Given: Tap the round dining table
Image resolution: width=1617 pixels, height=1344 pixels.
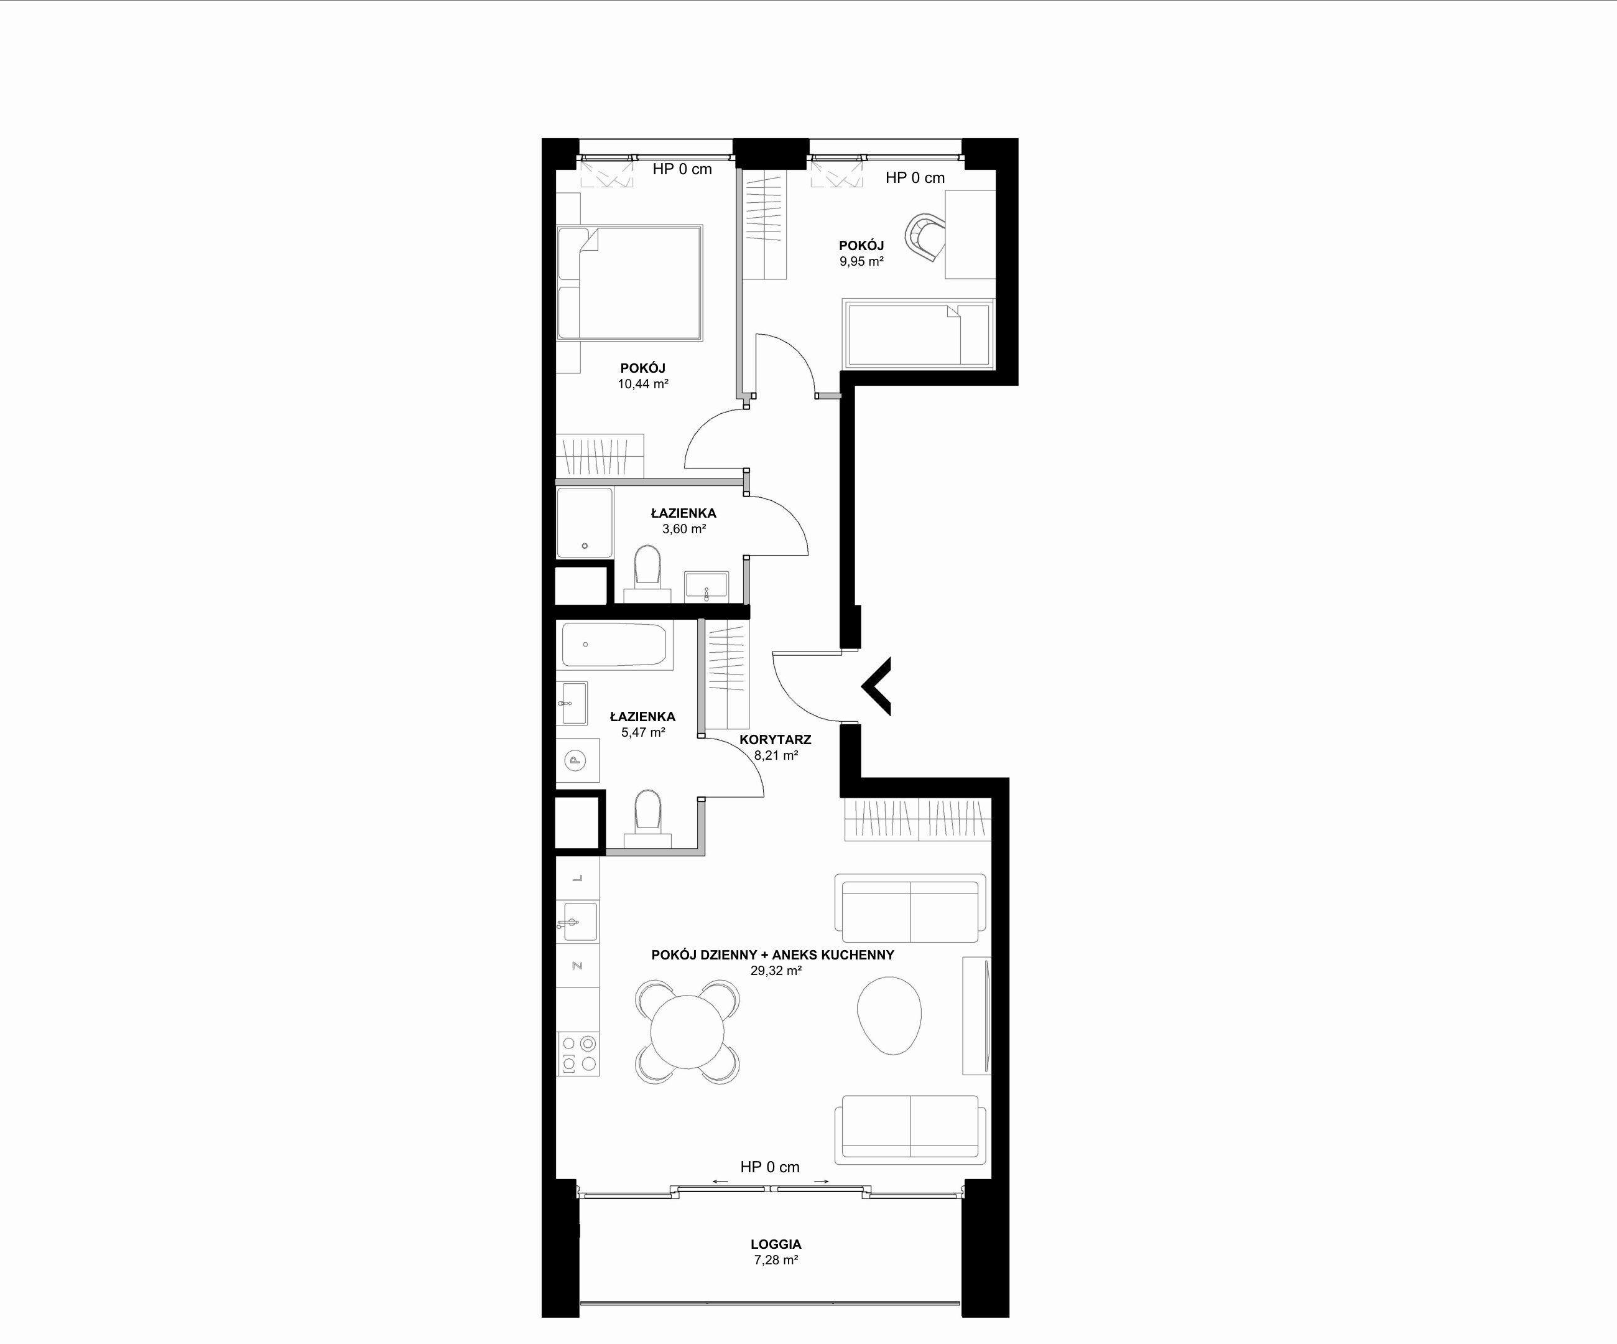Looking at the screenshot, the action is [688, 1032].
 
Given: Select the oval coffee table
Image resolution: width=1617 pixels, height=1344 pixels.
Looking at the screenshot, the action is [889, 1015].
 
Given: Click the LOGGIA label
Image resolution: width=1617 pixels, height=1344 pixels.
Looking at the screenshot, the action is [776, 1244].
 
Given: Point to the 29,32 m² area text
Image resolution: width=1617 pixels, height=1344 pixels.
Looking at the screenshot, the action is [776, 971].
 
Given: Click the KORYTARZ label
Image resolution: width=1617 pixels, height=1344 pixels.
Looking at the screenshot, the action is [776, 739].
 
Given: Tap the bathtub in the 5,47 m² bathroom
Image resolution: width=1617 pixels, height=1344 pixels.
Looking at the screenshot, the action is [614, 644].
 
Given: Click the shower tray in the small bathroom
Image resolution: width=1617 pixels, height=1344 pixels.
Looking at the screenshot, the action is [585, 522].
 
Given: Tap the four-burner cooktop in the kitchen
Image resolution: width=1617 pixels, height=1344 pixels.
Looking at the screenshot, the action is [578, 1053].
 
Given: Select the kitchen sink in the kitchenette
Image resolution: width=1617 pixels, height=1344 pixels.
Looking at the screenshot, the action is [578, 921].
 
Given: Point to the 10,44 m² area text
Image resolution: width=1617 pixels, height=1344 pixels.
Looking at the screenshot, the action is [643, 383].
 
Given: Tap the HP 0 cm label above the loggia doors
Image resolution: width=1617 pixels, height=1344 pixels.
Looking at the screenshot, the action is [770, 1167].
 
